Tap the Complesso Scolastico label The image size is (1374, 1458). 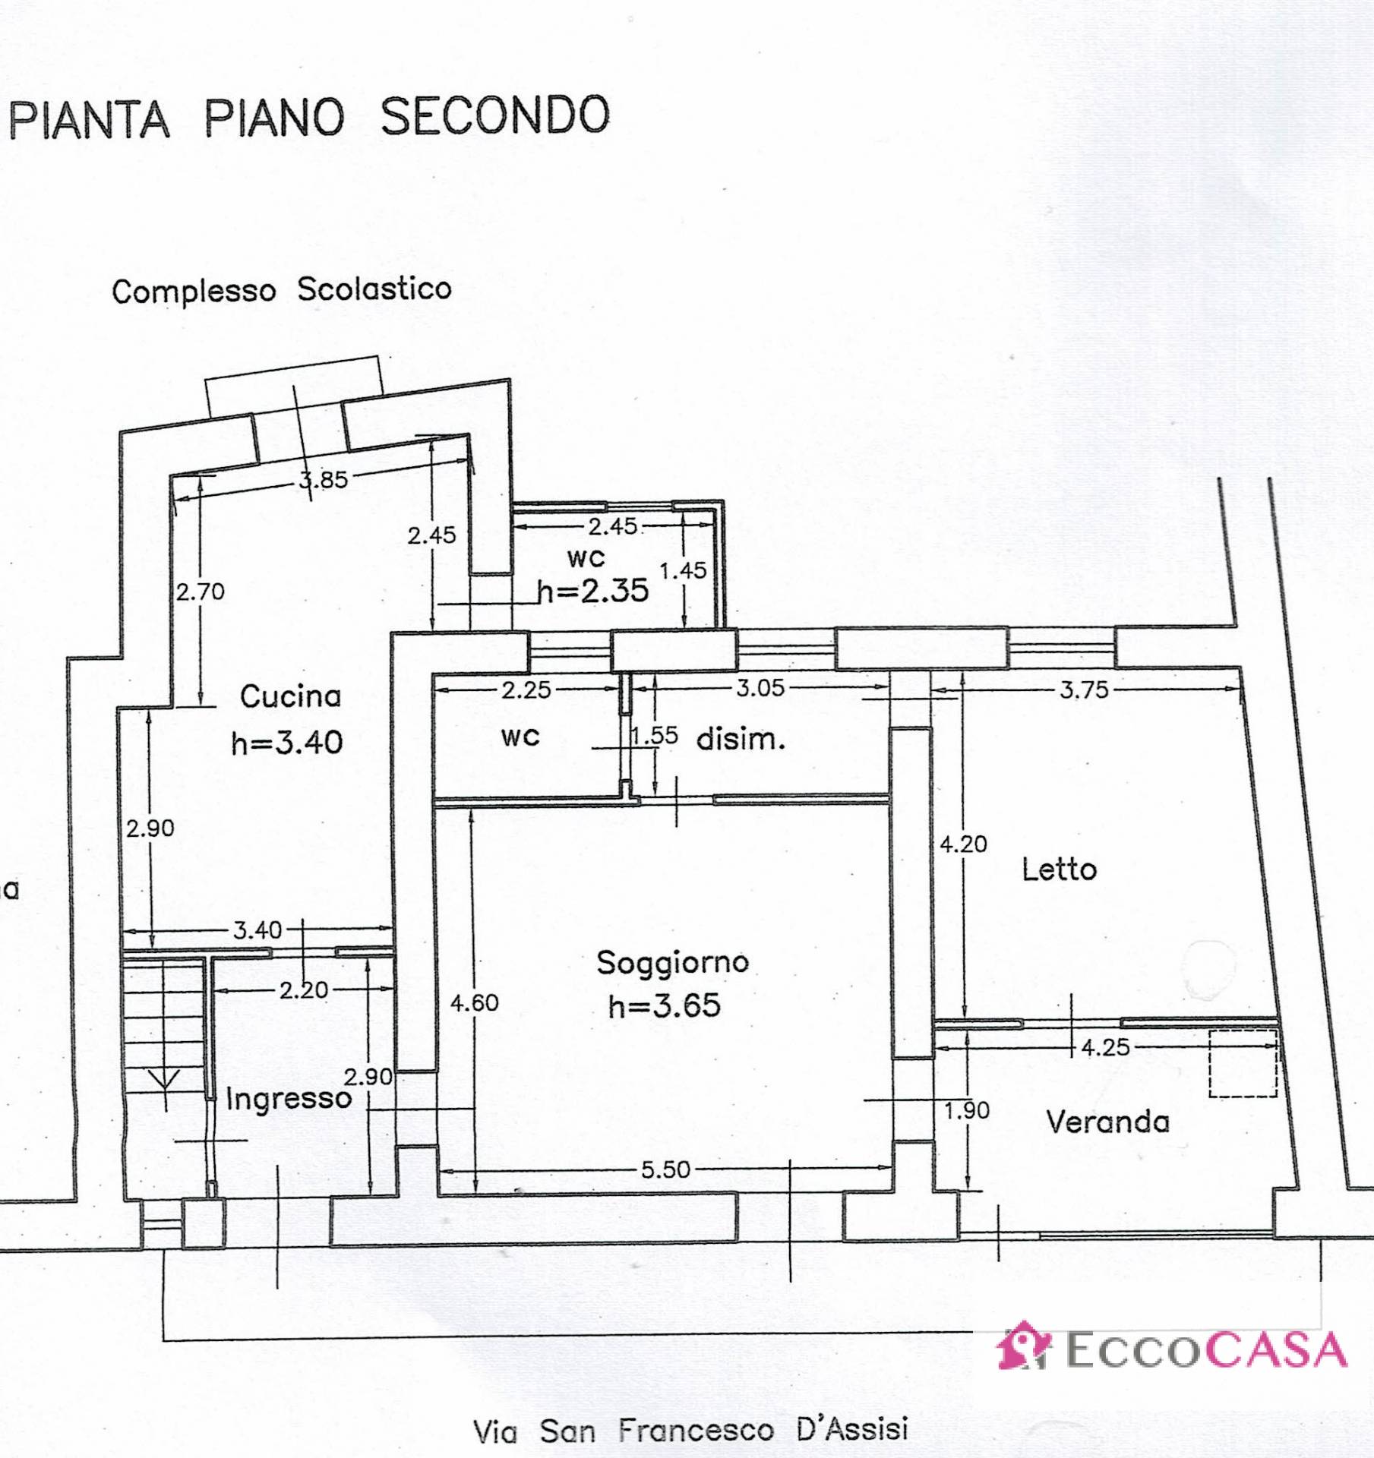tap(281, 290)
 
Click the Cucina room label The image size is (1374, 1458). tap(290, 696)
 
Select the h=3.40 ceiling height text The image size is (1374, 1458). tap(287, 743)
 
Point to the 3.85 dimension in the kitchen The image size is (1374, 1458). tap(324, 480)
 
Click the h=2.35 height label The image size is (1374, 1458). tap(593, 591)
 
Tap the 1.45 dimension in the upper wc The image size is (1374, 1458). tap(683, 570)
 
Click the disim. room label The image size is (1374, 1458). tap(741, 739)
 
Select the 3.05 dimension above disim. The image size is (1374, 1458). tap(760, 688)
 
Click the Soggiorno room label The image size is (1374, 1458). tap(672, 963)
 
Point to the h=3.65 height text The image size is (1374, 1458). tap(665, 1006)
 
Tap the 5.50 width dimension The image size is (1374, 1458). tap(665, 1169)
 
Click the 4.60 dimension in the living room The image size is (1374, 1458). tap(474, 1003)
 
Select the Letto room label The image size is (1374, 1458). tap(1059, 869)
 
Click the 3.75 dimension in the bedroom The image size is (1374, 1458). tap(1084, 690)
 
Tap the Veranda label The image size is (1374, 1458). tap(1107, 1122)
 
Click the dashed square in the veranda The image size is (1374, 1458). tap(1243, 1063)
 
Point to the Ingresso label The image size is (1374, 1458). tap(289, 1099)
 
